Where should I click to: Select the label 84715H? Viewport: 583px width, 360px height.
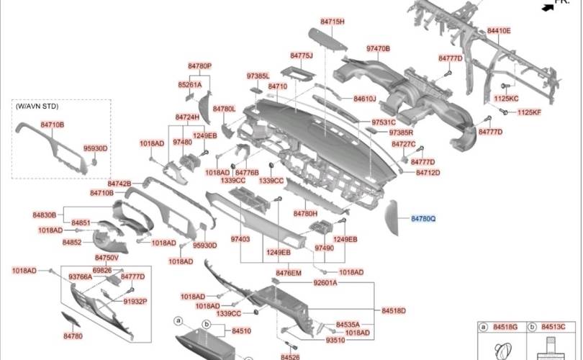click(332, 22)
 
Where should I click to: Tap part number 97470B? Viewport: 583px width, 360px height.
click(378, 48)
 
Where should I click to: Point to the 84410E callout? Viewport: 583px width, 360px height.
click(498, 31)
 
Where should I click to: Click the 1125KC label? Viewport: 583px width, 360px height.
click(506, 97)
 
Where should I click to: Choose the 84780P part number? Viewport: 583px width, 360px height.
click(199, 66)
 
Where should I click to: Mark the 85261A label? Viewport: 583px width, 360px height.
click(190, 84)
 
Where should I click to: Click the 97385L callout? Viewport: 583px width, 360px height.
click(258, 76)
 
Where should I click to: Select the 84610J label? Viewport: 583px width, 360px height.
click(365, 99)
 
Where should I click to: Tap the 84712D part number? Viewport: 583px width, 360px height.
click(428, 173)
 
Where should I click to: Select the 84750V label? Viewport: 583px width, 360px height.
click(107, 258)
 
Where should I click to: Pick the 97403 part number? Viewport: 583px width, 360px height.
click(240, 238)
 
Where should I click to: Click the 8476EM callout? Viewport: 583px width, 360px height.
click(289, 272)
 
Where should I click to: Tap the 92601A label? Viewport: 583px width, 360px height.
click(325, 283)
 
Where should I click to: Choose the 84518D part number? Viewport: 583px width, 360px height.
click(394, 310)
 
